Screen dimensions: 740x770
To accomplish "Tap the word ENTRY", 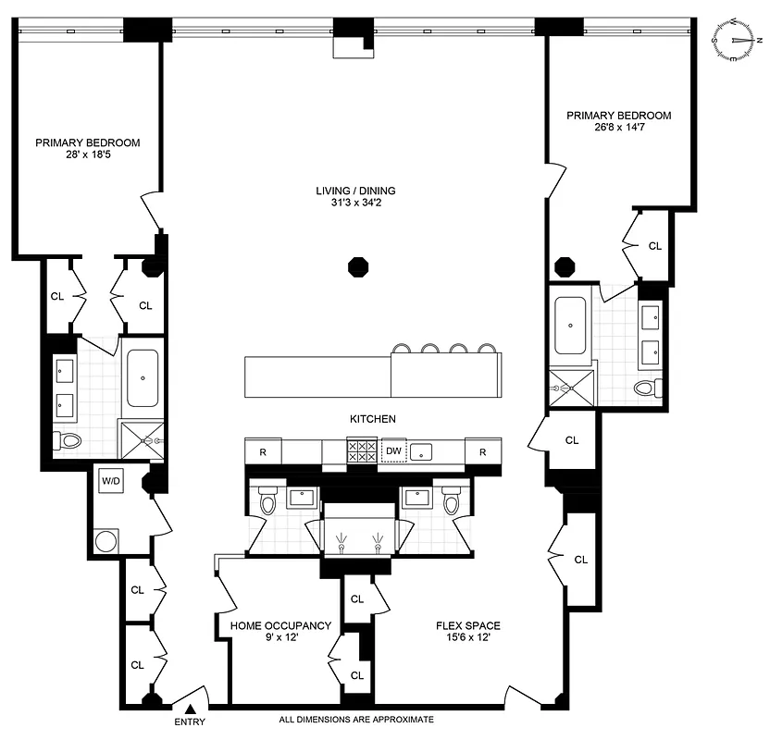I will tap(189, 721).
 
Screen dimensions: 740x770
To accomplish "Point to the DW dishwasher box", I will tap(394, 451).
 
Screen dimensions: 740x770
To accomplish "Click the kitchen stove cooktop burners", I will tap(360, 451).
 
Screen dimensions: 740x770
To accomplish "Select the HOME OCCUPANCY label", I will tap(280, 625).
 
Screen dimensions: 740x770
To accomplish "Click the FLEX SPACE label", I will tap(468, 625).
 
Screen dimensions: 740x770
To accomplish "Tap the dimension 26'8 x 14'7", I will tap(618, 129).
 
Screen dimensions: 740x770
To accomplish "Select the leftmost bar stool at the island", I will tap(403, 349).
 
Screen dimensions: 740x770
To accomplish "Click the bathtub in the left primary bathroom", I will tap(143, 378).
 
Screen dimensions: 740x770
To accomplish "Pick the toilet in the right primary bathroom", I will tap(645, 387).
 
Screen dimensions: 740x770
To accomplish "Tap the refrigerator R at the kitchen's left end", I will tap(263, 451).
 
